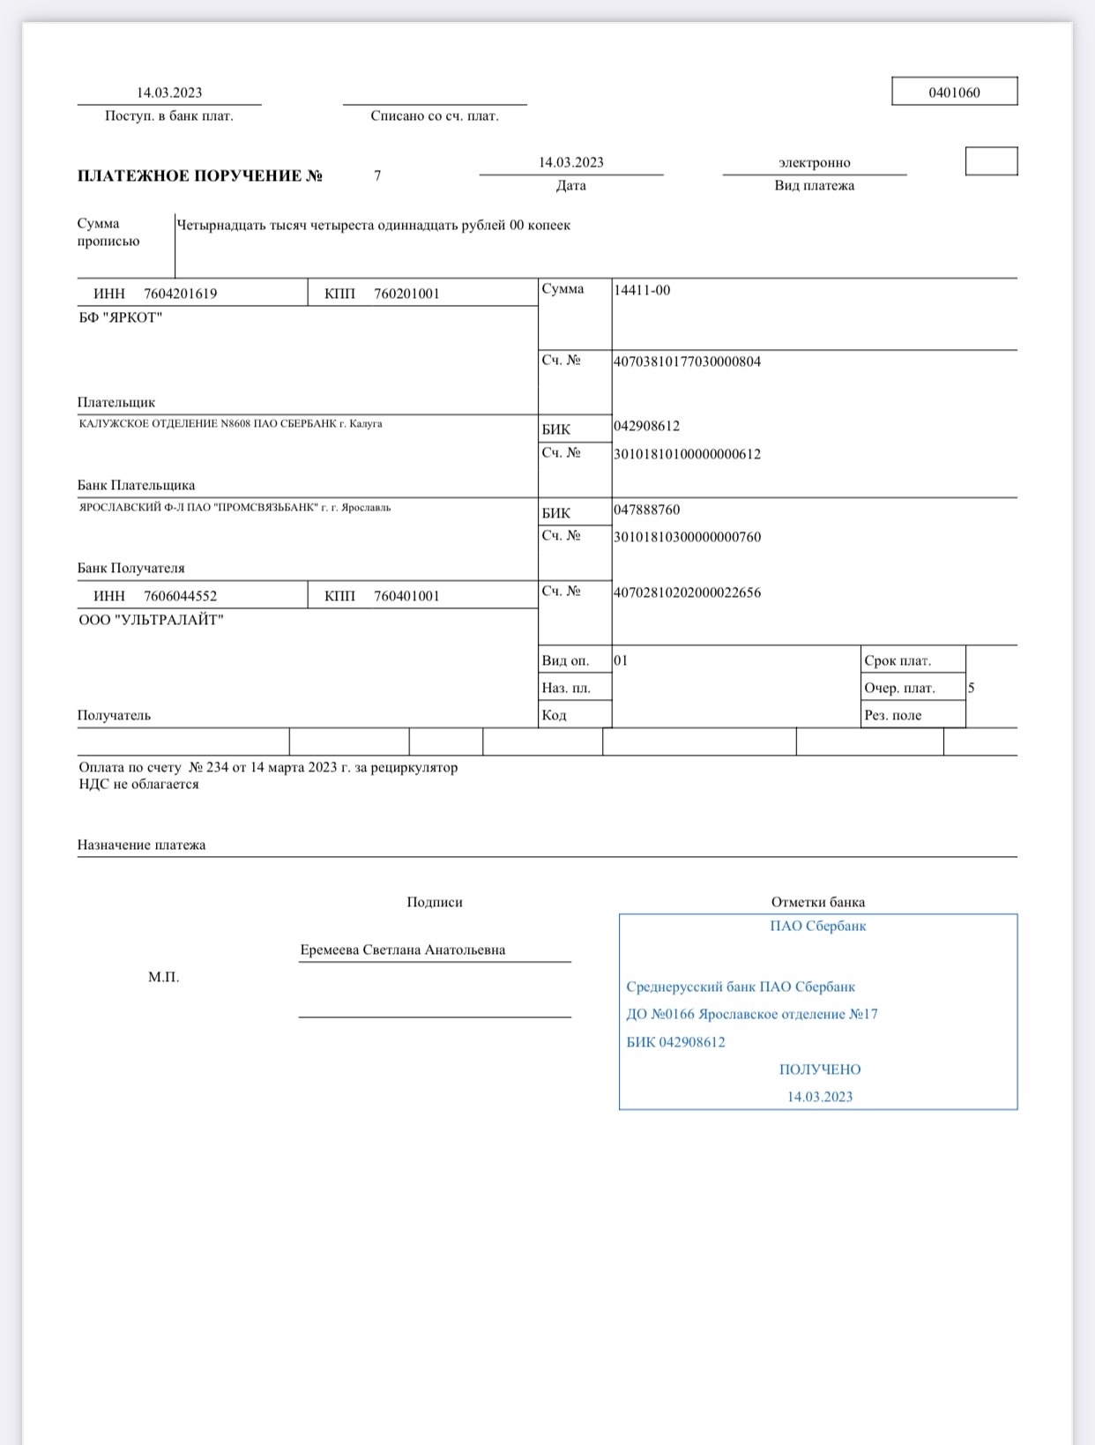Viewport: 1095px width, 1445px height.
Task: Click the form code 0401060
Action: pos(954,93)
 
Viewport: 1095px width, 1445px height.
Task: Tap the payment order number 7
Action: pos(377,175)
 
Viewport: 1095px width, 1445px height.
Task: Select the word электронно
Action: pos(814,163)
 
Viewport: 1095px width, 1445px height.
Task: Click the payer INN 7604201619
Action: pos(180,294)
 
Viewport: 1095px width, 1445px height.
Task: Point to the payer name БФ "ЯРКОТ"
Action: pos(121,317)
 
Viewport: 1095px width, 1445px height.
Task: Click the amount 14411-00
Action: pos(642,290)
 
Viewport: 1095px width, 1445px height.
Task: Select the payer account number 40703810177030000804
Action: pos(687,361)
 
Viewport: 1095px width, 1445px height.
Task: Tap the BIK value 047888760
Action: pos(646,510)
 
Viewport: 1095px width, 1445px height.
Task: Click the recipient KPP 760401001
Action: pos(406,596)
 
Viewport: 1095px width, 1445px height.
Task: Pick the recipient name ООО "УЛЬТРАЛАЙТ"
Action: pos(151,620)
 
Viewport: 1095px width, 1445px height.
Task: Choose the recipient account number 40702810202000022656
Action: pos(687,592)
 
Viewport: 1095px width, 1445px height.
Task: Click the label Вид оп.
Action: pos(565,660)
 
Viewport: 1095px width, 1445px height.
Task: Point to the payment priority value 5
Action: pos(971,688)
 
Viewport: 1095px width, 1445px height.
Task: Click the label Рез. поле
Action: pos(892,715)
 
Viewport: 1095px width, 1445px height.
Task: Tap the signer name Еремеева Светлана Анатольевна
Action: pos(403,950)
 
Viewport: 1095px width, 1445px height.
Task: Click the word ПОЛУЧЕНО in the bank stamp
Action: pos(820,1069)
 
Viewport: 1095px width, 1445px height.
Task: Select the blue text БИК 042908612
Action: pos(675,1042)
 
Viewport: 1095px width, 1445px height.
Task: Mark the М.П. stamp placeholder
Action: pos(163,977)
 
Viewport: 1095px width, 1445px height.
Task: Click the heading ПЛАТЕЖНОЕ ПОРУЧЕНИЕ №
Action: pos(200,175)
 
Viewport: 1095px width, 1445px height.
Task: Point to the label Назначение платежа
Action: pos(141,845)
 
